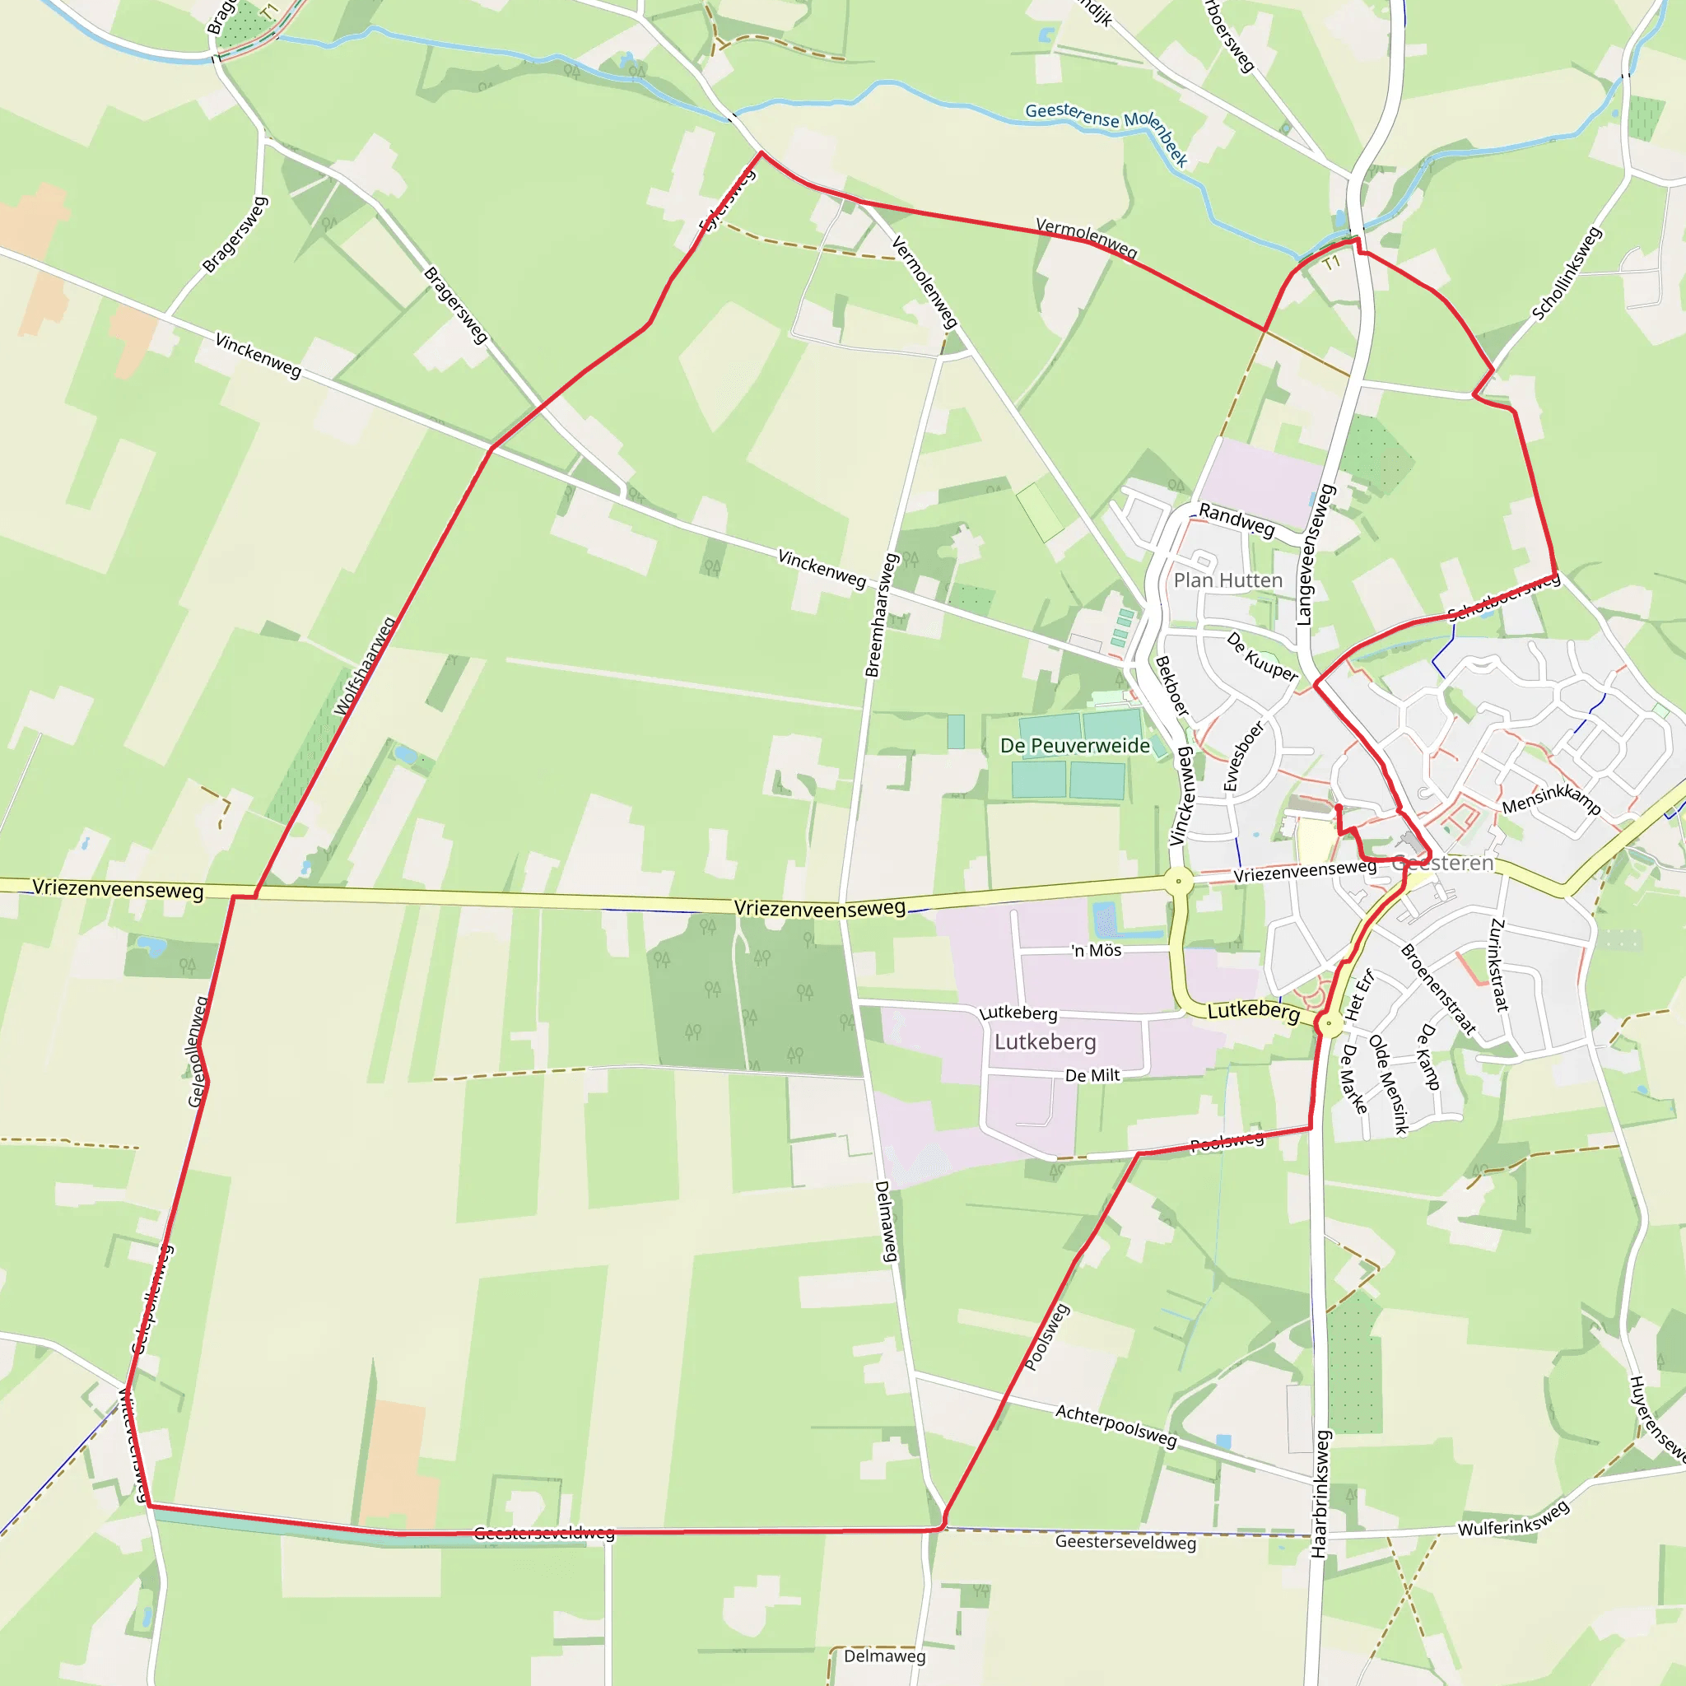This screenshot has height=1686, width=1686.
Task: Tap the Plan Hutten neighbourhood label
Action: (x=1227, y=580)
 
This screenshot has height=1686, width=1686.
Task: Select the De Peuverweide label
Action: (x=1075, y=745)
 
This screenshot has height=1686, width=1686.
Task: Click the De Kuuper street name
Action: (x=1262, y=656)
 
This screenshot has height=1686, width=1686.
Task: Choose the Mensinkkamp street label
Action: (x=1552, y=799)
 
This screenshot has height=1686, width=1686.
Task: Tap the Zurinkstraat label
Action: (x=1498, y=964)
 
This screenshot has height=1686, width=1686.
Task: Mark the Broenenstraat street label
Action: (x=1438, y=989)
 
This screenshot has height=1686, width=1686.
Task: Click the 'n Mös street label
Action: (x=1097, y=950)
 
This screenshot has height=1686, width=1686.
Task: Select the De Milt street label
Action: (x=1092, y=1075)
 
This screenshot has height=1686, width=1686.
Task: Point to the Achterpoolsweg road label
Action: (x=1116, y=1425)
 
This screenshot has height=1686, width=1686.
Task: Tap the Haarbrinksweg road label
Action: (x=1320, y=1493)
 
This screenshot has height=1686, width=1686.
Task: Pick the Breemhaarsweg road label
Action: (x=882, y=615)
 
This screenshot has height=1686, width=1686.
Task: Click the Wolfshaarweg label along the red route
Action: (x=365, y=667)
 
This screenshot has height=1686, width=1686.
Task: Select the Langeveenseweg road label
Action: (x=1316, y=555)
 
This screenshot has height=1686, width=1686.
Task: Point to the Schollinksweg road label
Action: (x=1567, y=273)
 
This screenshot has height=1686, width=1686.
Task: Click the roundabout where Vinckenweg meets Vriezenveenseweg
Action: (x=1178, y=881)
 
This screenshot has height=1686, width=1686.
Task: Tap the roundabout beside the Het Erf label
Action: (x=1329, y=1022)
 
